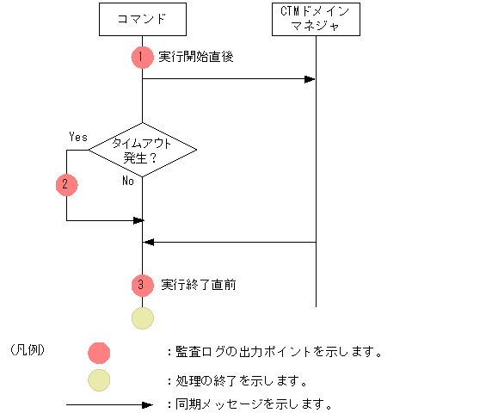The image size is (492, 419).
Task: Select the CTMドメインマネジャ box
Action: [x=316, y=19]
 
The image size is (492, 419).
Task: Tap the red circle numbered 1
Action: [x=142, y=57]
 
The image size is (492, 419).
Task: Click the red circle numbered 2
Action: [x=66, y=184]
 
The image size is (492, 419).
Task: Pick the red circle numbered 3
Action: [x=142, y=285]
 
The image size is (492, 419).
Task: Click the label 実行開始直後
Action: [x=196, y=57]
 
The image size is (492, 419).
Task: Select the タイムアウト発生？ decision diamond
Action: [x=142, y=151]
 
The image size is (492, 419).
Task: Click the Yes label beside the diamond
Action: [x=77, y=136]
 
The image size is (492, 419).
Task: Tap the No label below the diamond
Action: [x=127, y=182]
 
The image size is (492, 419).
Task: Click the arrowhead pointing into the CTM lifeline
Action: [x=311, y=80]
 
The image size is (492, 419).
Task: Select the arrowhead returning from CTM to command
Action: [x=148, y=243]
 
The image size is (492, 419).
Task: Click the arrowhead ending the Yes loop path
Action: [x=137, y=221]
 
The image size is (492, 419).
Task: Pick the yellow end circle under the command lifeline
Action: [x=142, y=317]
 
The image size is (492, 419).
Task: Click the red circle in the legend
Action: [x=99, y=352]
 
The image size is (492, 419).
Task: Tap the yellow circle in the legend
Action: [x=99, y=379]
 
